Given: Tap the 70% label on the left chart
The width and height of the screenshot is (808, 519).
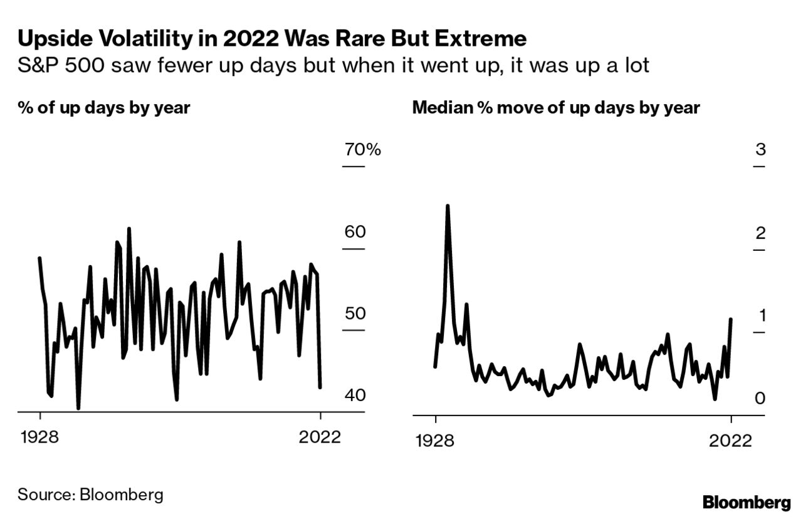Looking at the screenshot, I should (362, 150).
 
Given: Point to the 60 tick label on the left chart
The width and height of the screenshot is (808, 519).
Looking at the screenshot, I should (355, 233).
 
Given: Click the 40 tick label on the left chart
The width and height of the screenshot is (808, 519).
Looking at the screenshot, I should (355, 396).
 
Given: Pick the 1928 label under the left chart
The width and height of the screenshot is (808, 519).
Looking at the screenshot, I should (39, 438).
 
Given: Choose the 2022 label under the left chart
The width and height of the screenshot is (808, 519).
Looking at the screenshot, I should (320, 438).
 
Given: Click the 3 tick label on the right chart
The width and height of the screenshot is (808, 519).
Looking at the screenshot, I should (760, 150).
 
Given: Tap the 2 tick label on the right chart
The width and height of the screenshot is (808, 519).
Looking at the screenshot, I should (760, 233).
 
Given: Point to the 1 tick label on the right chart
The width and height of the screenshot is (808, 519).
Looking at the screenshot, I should (761, 315).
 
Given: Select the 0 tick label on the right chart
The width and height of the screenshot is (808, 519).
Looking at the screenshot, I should (760, 397).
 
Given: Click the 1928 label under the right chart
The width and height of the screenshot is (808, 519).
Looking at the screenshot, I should (434, 440).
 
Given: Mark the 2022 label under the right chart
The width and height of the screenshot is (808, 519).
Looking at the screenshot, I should (730, 440).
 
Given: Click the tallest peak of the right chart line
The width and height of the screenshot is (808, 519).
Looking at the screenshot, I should (448, 206).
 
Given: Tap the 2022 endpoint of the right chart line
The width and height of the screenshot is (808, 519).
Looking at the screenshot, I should (731, 319).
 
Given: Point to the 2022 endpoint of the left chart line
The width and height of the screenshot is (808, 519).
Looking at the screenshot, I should (320, 387).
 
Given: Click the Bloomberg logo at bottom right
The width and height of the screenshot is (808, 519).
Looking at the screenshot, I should (746, 503).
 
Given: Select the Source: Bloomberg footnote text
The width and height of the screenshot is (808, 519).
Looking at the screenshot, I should (90, 494).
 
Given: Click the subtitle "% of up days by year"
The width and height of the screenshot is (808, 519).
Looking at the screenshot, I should (103, 108).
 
